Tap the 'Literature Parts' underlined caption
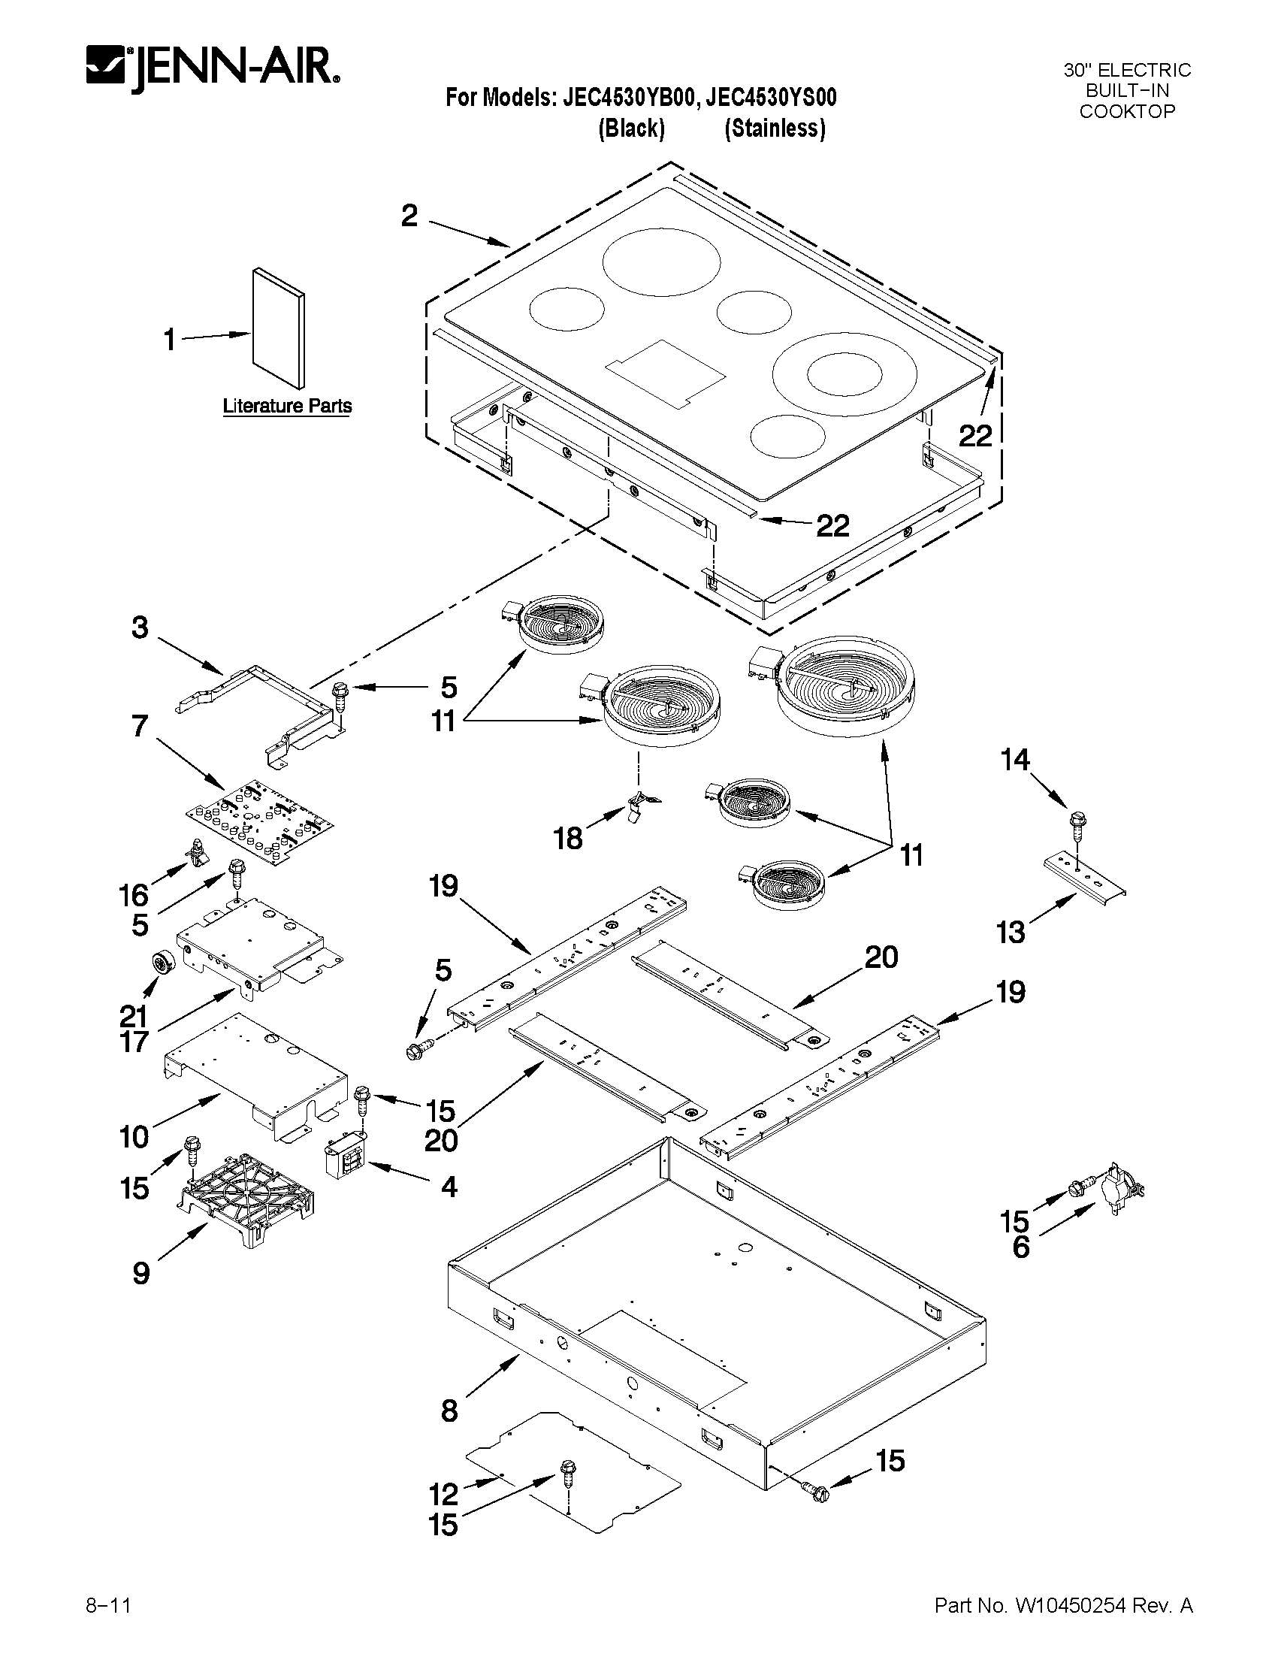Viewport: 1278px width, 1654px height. click(x=287, y=407)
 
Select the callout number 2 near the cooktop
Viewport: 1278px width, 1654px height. click(x=409, y=216)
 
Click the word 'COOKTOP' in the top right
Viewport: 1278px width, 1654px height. click(x=1126, y=112)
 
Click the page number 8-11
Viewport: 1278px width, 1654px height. click(x=109, y=1599)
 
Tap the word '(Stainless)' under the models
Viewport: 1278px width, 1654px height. click(x=774, y=129)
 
